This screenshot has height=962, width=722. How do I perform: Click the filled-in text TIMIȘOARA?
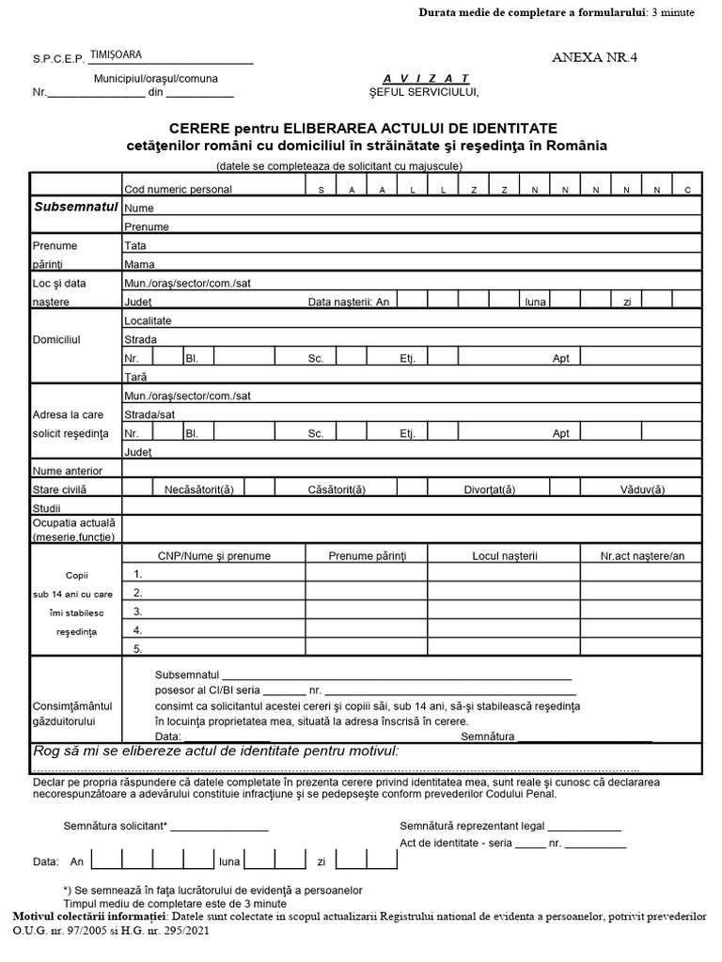point(116,55)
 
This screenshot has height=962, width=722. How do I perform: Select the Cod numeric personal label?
point(178,189)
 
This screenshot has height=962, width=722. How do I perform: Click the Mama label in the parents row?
point(139,264)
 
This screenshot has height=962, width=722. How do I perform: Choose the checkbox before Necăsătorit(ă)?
point(138,489)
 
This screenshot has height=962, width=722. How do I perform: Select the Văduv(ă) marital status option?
point(642,489)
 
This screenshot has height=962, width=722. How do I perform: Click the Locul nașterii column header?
point(504,556)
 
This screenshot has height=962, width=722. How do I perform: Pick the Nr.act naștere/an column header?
point(643,556)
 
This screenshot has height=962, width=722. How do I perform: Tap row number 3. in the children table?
point(138,611)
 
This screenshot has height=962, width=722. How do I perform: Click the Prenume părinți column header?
point(367,556)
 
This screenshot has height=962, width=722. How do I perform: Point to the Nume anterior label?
point(68,470)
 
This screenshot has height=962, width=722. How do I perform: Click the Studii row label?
point(46,507)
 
